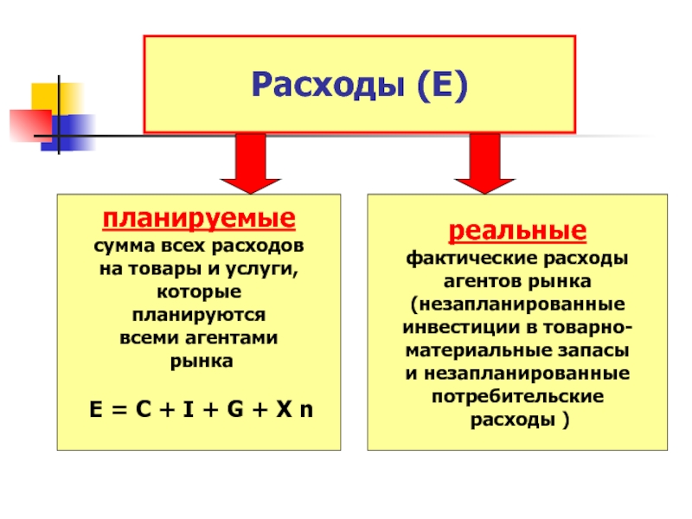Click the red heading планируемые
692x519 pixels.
pyautogui.click(x=198, y=215)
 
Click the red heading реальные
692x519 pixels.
pyautogui.click(x=516, y=232)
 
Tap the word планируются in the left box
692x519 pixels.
pyautogui.click(x=198, y=312)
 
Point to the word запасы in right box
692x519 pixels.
pyautogui.click(x=599, y=351)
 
